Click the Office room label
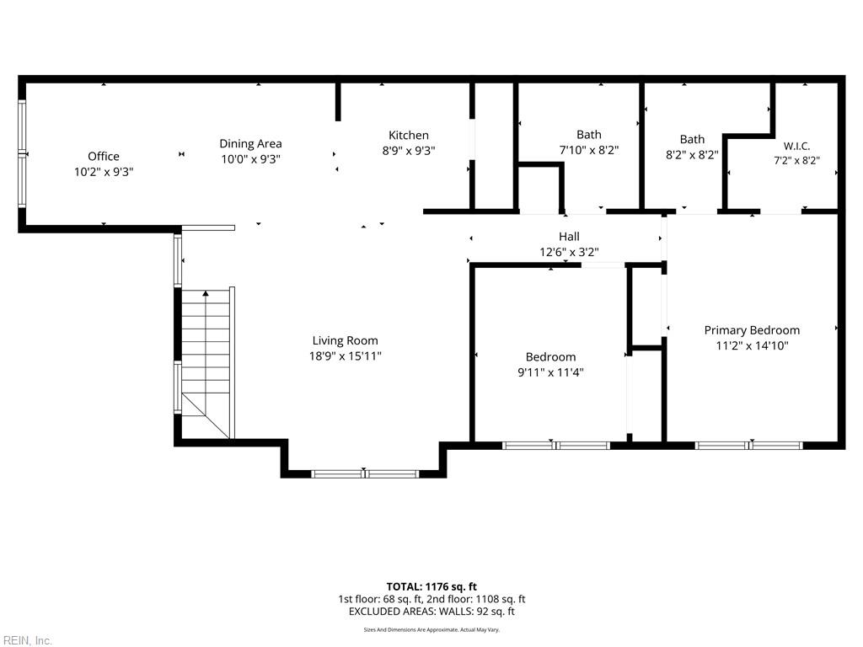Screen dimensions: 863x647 pyautogui.click(x=104, y=156)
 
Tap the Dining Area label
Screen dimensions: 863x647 pyautogui.click(x=250, y=143)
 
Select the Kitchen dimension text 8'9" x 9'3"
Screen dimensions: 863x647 pyautogui.click(x=409, y=150)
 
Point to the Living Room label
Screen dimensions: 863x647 pyautogui.click(x=345, y=340)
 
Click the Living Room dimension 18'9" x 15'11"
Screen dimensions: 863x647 pyautogui.click(x=345, y=356)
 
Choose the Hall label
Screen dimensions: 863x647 pyautogui.click(x=569, y=237)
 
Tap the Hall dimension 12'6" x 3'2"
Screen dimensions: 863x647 pyautogui.click(x=569, y=252)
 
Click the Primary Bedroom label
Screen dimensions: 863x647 pyautogui.click(x=752, y=330)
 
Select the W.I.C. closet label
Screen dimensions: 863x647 pyautogui.click(x=797, y=146)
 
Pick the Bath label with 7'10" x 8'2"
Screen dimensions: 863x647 pyautogui.click(x=589, y=134)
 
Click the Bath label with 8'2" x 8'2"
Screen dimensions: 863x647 pyautogui.click(x=692, y=139)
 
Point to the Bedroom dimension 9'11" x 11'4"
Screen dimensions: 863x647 pyautogui.click(x=550, y=372)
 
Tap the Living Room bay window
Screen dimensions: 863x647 pyautogui.click(x=366, y=473)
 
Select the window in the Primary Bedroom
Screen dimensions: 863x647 pyautogui.click(x=749, y=445)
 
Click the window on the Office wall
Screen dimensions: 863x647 pyautogui.click(x=23, y=153)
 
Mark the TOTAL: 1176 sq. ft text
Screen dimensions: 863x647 pyautogui.click(x=431, y=586)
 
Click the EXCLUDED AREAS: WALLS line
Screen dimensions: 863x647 pyautogui.click(x=431, y=612)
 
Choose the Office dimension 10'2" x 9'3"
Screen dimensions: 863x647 pyautogui.click(x=104, y=172)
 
